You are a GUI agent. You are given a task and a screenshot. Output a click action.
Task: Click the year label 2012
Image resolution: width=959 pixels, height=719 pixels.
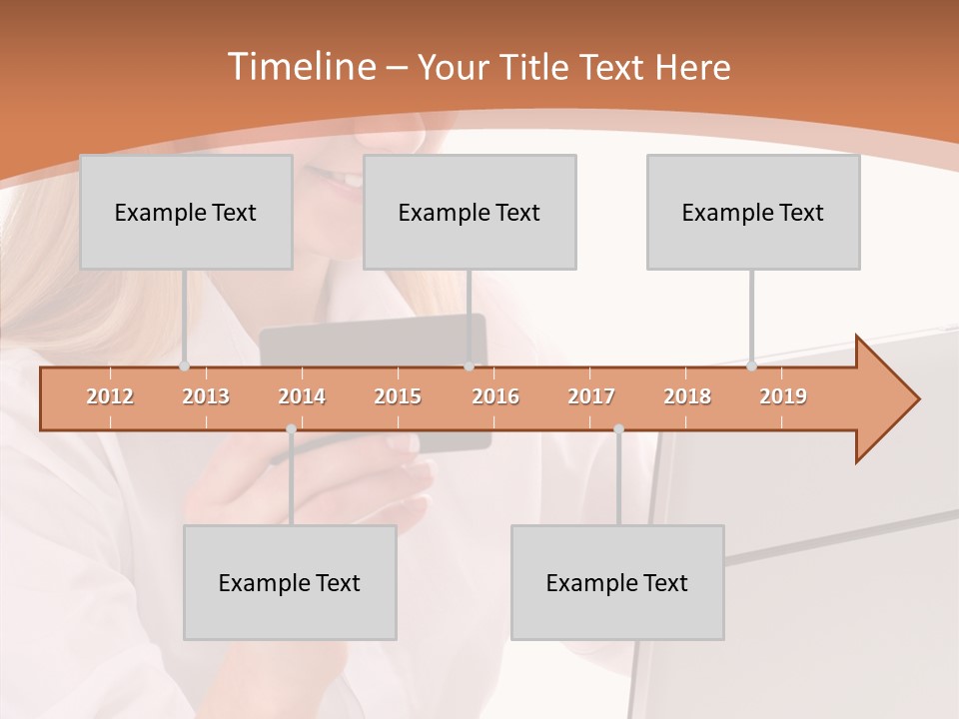[110, 396]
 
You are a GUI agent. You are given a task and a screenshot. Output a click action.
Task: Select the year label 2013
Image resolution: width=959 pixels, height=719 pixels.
[206, 396]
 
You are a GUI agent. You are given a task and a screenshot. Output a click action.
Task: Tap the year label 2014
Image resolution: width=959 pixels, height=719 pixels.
[302, 396]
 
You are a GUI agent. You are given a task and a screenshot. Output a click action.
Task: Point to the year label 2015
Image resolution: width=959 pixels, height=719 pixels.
[398, 396]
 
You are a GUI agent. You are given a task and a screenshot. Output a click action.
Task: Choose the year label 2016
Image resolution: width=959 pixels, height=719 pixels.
[495, 396]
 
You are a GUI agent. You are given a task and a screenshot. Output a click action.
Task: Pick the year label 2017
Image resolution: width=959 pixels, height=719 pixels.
[591, 396]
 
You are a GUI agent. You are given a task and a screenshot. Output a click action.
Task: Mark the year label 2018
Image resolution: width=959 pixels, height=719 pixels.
[687, 396]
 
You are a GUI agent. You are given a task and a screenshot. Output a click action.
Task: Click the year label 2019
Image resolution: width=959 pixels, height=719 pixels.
[783, 396]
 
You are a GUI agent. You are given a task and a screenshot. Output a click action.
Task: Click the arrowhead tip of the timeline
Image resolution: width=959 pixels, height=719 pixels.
[916, 399]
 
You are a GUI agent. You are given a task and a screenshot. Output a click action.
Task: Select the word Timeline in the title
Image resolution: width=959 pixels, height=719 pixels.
[300, 67]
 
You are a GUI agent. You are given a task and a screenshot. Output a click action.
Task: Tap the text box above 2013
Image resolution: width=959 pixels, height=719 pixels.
[186, 212]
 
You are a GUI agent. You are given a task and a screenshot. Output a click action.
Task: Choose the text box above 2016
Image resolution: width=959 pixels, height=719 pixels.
[470, 212]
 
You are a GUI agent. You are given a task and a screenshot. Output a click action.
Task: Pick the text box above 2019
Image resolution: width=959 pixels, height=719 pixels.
[753, 212]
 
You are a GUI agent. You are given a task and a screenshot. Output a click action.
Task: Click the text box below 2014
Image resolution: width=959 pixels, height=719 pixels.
[290, 582]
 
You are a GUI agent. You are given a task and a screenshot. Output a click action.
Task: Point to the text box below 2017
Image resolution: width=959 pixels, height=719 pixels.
[617, 582]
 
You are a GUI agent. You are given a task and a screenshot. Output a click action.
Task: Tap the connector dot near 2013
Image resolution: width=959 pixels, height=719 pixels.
[185, 366]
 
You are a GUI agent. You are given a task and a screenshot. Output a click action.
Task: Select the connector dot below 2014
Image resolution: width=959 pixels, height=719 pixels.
[291, 429]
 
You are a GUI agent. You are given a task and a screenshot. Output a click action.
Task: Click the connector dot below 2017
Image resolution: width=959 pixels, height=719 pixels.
[618, 429]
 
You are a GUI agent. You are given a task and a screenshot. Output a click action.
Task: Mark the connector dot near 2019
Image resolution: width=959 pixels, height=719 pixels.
[752, 366]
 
